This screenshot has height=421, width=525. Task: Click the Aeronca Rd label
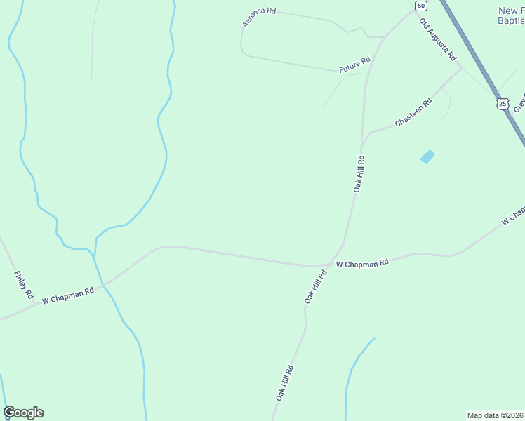pyautogui.click(x=259, y=17)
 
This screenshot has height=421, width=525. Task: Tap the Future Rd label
pyautogui.click(x=354, y=65)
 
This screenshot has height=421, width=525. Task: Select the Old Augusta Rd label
pyautogui.click(x=438, y=39)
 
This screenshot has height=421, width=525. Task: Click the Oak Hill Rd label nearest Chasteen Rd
pyautogui.click(x=359, y=173)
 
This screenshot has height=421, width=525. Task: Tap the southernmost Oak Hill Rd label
pyautogui.click(x=284, y=383)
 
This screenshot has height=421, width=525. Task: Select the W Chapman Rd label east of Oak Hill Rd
pyautogui.click(x=362, y=264)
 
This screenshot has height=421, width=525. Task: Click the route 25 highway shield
pyautogui.click(x=501, y=104)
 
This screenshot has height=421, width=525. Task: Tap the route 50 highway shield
pyautogui.click(x=420, y=6)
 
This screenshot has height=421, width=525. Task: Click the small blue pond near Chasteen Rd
pyautogui.click(x=427, y=157)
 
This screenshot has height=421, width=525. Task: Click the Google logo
pyautogui.click(x=23, y=413)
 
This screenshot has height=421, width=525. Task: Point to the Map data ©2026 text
pyautogui.click(x=495, y=415)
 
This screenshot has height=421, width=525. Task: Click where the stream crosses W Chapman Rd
pyautogui.click(x=103, y=285)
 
